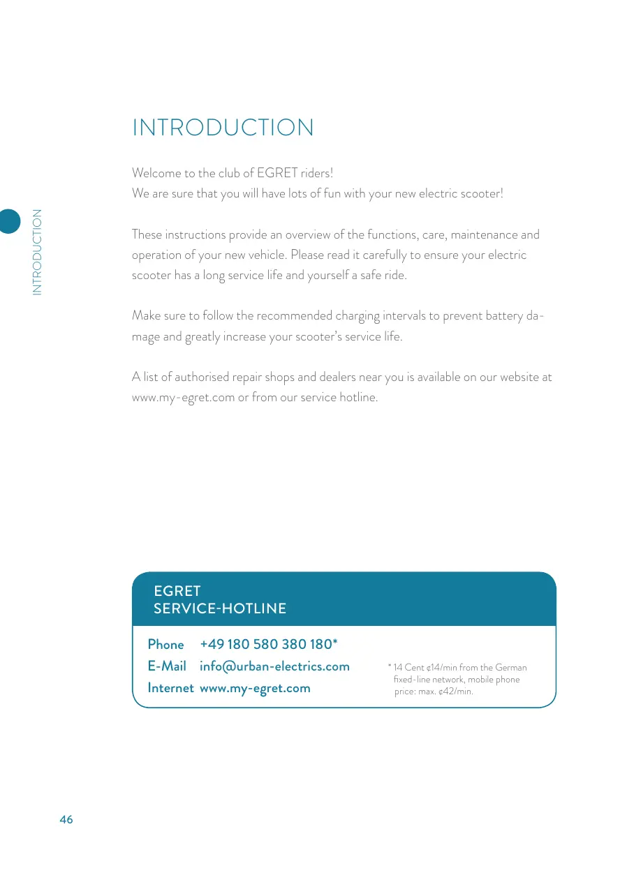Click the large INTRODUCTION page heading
[x=223, y=128]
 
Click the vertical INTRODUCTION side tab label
[x=37, y=252]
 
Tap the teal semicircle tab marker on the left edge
[x=9, y=221]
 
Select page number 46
[x=66, y=820]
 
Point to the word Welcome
[x=153, y=173]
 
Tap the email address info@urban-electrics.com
[x=274, y=666]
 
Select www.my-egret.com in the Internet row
[x=255, y=688]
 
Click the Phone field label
[x=165, y=644]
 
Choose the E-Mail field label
[x=167, y=666]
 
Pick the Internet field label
[x=170, y=688]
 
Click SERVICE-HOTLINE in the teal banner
[x=219, y=608]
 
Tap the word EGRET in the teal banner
[x=177, y=591]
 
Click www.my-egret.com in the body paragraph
[x=183, y=398]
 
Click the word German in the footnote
[x=511, y=668]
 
